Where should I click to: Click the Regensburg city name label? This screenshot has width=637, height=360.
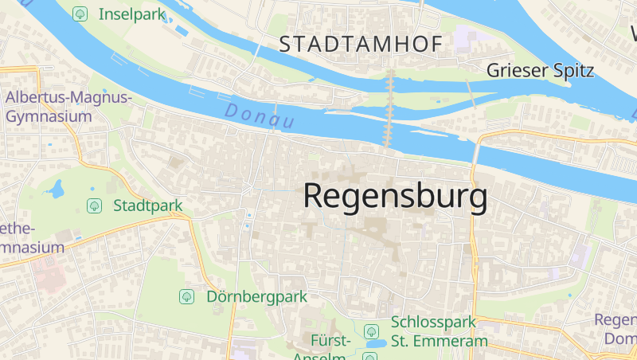395,196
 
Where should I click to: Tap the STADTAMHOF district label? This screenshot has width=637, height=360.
360,45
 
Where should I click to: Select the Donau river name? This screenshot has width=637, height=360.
260,115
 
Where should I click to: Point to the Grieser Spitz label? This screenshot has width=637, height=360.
540,70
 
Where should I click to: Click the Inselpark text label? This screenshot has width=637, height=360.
131,14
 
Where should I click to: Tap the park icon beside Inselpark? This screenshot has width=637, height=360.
80,14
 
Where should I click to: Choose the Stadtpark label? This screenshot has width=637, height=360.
148,205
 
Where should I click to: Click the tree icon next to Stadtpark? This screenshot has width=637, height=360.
94,205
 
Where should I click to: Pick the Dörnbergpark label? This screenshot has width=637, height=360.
256,296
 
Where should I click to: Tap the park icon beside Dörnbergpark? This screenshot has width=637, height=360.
187,296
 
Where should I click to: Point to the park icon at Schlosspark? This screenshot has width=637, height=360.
370,331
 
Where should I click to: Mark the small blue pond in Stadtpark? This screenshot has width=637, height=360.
56,190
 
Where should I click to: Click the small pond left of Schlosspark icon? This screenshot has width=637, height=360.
372,345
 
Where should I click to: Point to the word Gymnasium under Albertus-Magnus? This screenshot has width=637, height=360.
48,116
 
